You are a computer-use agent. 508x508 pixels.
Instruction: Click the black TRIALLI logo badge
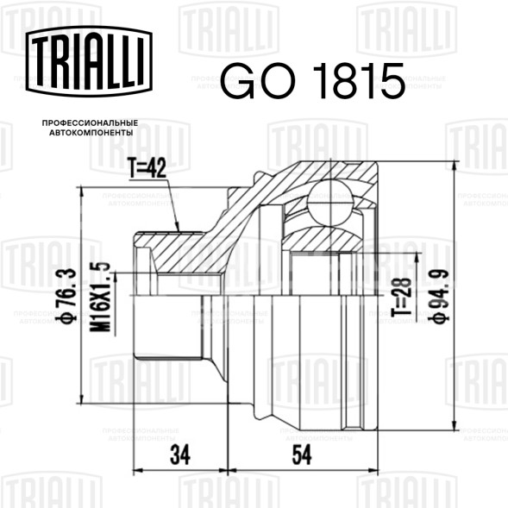(x=89, y=61)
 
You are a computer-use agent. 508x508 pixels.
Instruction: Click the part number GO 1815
(x=313, y=81)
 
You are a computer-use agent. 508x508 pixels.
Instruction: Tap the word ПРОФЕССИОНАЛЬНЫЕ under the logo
(x=90, y=123)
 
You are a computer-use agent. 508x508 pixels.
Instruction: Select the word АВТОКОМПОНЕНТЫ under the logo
(x=91, y=133)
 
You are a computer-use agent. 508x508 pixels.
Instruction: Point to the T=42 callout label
(x=147, y=168)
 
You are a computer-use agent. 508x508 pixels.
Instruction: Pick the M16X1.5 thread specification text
(x=100, y=297)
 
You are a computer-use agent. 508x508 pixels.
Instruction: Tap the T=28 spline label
(x=401, y=297)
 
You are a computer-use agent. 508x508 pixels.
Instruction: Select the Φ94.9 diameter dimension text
(x=439, y=296)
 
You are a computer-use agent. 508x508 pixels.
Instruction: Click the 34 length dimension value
(x=180, y=455)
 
